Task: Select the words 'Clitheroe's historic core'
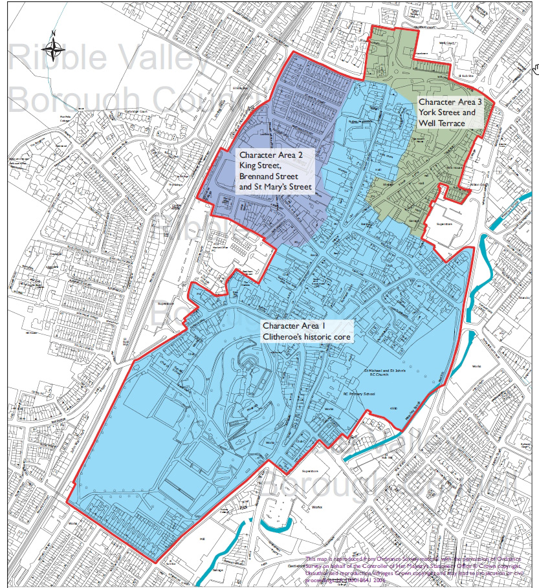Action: coord(306,338)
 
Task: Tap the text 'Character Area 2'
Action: coord(270,155)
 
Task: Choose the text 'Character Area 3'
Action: coord(450,102)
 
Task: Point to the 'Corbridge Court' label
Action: coord(136,111)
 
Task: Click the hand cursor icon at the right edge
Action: coord(535,67)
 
